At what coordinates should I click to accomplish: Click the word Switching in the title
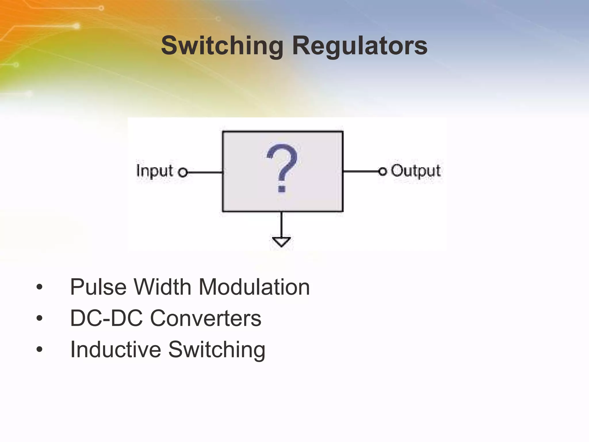click(222, 46)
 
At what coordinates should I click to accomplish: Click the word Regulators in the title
click(359, 46)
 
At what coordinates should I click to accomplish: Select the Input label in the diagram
click(155, 171)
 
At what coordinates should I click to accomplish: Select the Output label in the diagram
click(416, 171)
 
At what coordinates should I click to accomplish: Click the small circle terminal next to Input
click(183, 173)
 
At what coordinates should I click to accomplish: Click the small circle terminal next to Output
click(382, 172)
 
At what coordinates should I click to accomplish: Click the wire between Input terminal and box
click(205, 173)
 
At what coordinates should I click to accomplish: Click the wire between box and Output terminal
click(361, 172)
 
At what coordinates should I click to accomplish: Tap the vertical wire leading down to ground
click(281, 224)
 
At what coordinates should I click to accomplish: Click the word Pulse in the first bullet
click(98, 287)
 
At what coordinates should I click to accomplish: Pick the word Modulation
click(254, 287)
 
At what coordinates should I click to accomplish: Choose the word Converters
click(206, 318)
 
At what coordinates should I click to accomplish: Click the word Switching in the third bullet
click(217, 350)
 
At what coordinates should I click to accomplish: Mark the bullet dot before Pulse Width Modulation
click(39, 287)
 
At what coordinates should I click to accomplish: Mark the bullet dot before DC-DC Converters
click(39, 318)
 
